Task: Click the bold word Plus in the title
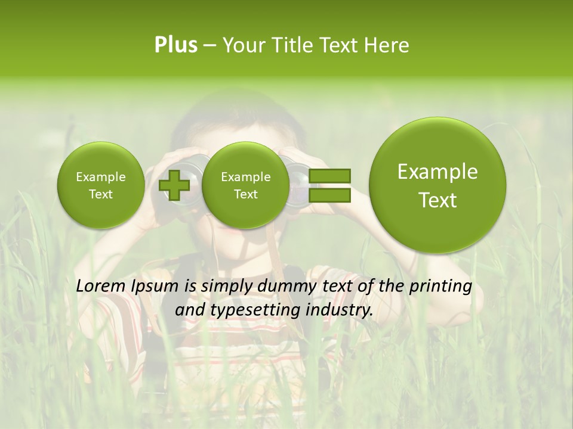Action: [175, 45]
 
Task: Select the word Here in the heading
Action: [388, 45]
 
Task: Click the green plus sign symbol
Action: [174, 185]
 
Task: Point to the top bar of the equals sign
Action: [329, 176]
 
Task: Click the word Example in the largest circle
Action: [438, 172]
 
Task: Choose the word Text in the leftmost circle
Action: [100, 194]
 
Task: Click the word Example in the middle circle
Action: [245, 177]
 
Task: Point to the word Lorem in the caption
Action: [102, 286]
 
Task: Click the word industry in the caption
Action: [339, 310]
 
